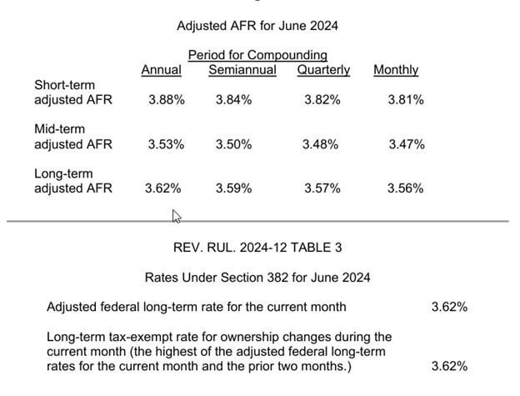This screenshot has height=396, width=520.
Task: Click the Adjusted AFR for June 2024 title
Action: pyautogui.click(x=257, y=26)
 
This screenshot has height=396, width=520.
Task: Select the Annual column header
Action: pyautogui.click(x=161, y=70)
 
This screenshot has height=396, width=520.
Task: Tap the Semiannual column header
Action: pyautogui.click(x=242, y=70)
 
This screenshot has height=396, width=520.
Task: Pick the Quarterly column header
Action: pyautogui.click(x=323, y=70)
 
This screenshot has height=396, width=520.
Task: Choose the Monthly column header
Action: pyautogui.click(x=396, y=70)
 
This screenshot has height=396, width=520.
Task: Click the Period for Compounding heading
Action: pyautogui.click(x=257, y=55)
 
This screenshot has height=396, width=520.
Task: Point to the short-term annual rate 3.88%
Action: pyautogui.click(x=166, y=100)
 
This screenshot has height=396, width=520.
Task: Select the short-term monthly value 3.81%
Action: pyautogui.click(x=406, y=100)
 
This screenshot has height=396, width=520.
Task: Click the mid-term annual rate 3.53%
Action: pyautogui.click(x=166, y=144)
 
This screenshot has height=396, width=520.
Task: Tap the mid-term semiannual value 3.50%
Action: pyautogui.click(x=233, y=144)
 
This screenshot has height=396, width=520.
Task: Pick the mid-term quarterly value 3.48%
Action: pyautogui.click(x=321, y=144)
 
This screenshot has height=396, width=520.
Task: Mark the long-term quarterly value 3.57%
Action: pyautogui.click(x=322, y=188)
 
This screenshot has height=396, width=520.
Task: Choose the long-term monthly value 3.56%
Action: pyautogui.click(x=406, y=188)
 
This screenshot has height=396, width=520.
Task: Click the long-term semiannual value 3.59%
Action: pyautogui.click(x=233, y=188)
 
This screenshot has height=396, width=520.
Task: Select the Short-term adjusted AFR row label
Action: pyautogui.click(x=73, y=93)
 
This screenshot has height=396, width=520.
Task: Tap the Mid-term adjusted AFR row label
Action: pyautogui.click(x=73, y=137)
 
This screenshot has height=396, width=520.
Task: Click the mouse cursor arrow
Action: pyautogui.click(x=176, y=216)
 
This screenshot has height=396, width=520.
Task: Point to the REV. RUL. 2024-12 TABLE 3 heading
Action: pyautogui.click(x=257, y=248)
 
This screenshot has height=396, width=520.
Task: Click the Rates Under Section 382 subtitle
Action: pyautogui.click(x=257, y=277)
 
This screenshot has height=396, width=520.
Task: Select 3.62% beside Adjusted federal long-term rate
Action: pyautogui.click(x=449, y=307)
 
